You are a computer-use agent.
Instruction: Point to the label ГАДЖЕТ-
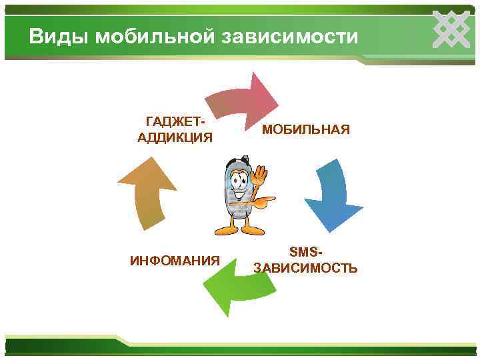point(175,122)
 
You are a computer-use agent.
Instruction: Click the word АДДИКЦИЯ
point(175,138)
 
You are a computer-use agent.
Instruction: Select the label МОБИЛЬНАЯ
point(305,129)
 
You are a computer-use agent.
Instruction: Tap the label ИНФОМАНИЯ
point(175,259)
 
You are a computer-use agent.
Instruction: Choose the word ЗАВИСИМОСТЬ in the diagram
point(305,268)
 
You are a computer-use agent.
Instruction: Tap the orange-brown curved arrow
point(147,193)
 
